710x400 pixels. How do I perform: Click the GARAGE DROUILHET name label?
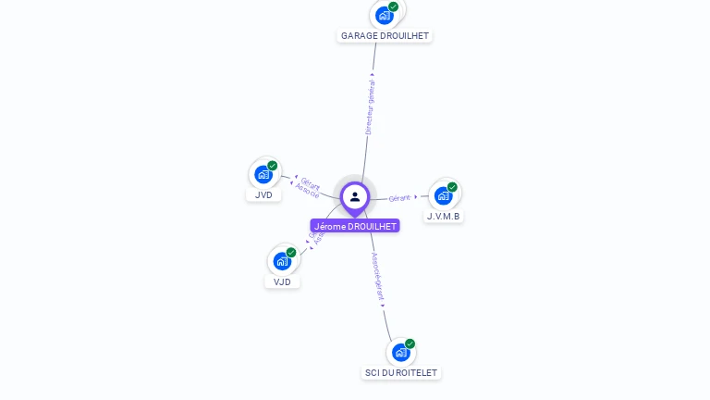click(x=385, y=35)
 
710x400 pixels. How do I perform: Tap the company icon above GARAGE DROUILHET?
click(x=385, y=16)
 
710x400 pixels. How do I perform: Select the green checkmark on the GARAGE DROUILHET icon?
click(x=394, y=7)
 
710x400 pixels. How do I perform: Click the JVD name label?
click(x=263, y=194)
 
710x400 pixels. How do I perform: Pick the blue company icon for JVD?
click(x=263, y=174)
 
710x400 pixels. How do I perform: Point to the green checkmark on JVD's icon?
click(x=273, y=166)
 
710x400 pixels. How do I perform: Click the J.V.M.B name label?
click(x=444, y=217)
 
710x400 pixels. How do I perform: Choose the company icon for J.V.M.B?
click(x=443, y=195)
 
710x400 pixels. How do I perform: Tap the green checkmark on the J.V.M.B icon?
click(x=452, y=187)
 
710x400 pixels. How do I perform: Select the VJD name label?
click(x=282, y=281)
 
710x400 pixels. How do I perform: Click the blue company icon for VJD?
click(x=282, y=261)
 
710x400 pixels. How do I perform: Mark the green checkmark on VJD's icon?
click(x=291, y=253)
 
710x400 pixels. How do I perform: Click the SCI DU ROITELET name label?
click(x=401, y=372)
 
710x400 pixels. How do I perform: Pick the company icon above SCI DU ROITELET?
click(x=400, y=352)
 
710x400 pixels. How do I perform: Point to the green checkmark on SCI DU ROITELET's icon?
click(x=410, y=344)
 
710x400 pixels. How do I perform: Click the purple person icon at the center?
click(x=355, y=196)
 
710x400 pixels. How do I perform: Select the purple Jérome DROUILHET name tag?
click(x=355, y=226)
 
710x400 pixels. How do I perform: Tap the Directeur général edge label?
click(x=370, y=107)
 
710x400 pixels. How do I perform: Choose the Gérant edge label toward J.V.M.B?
click(x=399, y=198)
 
